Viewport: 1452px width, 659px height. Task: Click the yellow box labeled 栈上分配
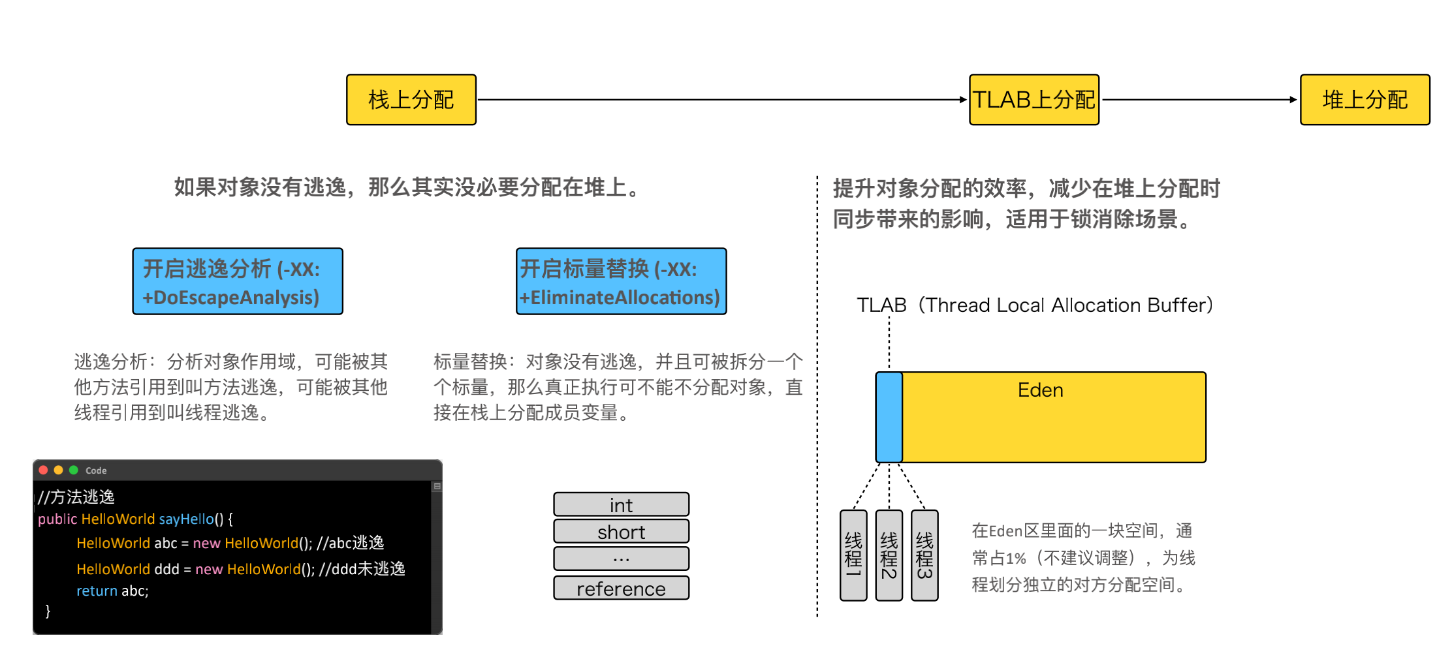pyautogui.click(x=411, y=100)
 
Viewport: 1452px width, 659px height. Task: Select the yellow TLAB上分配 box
pyautogui.click(x=1034, y=100)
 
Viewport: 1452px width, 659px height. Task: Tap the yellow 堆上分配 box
pyautogui.click(x=1365, y=100)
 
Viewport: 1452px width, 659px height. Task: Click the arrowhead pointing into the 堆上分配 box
pyautogui.click(x=1293, y=100)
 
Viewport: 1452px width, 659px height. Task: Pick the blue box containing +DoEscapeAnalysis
pyautogui.click(x=238, y=281)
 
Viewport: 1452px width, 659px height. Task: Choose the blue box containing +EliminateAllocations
pyautogui.click(x=621, y=281)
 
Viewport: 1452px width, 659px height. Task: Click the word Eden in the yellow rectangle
pyautogui.click(x=1040, y=390)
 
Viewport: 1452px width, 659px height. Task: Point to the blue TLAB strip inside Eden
pyautogui.click(x=889, y=417)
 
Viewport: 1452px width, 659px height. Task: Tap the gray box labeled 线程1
pyautogui.click(x=853, y=555)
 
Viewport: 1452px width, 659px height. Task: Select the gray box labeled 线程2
pyautogui.click(x=889, y=555)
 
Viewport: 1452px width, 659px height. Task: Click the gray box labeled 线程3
pyautogui.click(x=924, y=555)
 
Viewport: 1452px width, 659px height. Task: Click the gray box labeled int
pyautogui.click(x=621, y=504)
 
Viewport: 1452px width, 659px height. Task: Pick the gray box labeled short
pyautogui.click(x=621, y=531)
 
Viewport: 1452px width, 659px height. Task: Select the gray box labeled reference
pyautogui.click(x=621, y=588)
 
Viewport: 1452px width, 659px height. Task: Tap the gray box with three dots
pyautogui.click(x=621, y=559)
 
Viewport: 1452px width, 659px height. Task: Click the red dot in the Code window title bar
pyautogui.click(x=43, y=470)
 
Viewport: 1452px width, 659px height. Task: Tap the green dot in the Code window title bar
pyautogui.click(x=74, y=470)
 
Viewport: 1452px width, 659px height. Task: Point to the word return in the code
pyautogui.click(x=97, y=590)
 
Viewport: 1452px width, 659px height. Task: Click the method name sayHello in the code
pyautogui.click(x=186, y=519)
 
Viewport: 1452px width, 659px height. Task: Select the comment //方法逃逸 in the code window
pyautogui.click(x=76, y=497)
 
